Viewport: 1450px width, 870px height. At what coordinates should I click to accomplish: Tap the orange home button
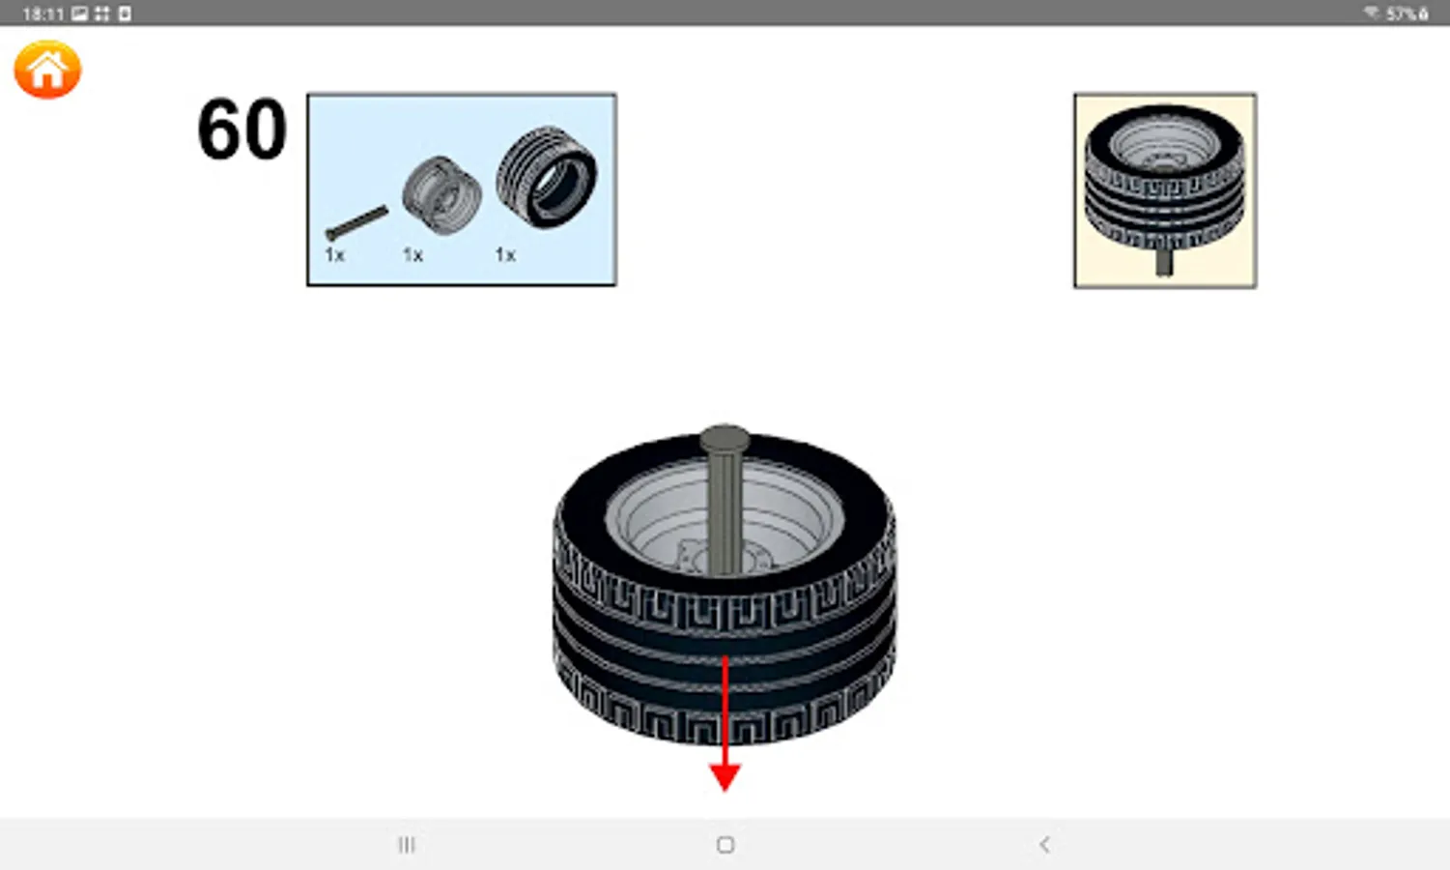47,70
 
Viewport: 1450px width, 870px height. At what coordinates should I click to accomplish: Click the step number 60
242,129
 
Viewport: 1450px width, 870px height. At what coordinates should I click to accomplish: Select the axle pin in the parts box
356,223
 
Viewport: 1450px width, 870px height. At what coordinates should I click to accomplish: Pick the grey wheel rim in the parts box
442,195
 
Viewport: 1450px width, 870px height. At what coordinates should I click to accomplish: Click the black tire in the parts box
547,177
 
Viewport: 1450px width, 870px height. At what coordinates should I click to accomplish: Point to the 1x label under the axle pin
334,255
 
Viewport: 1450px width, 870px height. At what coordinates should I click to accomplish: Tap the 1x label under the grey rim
413,255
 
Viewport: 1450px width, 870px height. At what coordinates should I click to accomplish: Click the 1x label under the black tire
505,255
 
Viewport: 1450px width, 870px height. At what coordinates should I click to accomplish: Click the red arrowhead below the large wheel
725,777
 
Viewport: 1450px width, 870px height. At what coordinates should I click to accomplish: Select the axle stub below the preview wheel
1164,261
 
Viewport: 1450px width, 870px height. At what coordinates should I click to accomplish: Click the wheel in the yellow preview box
1164,178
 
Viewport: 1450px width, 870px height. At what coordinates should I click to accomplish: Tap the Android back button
1044,845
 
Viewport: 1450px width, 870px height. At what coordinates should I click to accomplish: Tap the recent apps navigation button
407,845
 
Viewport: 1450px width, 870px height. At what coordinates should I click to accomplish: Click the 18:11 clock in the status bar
43,14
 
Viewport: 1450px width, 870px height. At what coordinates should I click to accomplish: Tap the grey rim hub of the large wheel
725,518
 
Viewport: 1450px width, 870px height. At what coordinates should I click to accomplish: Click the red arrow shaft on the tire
725,710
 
